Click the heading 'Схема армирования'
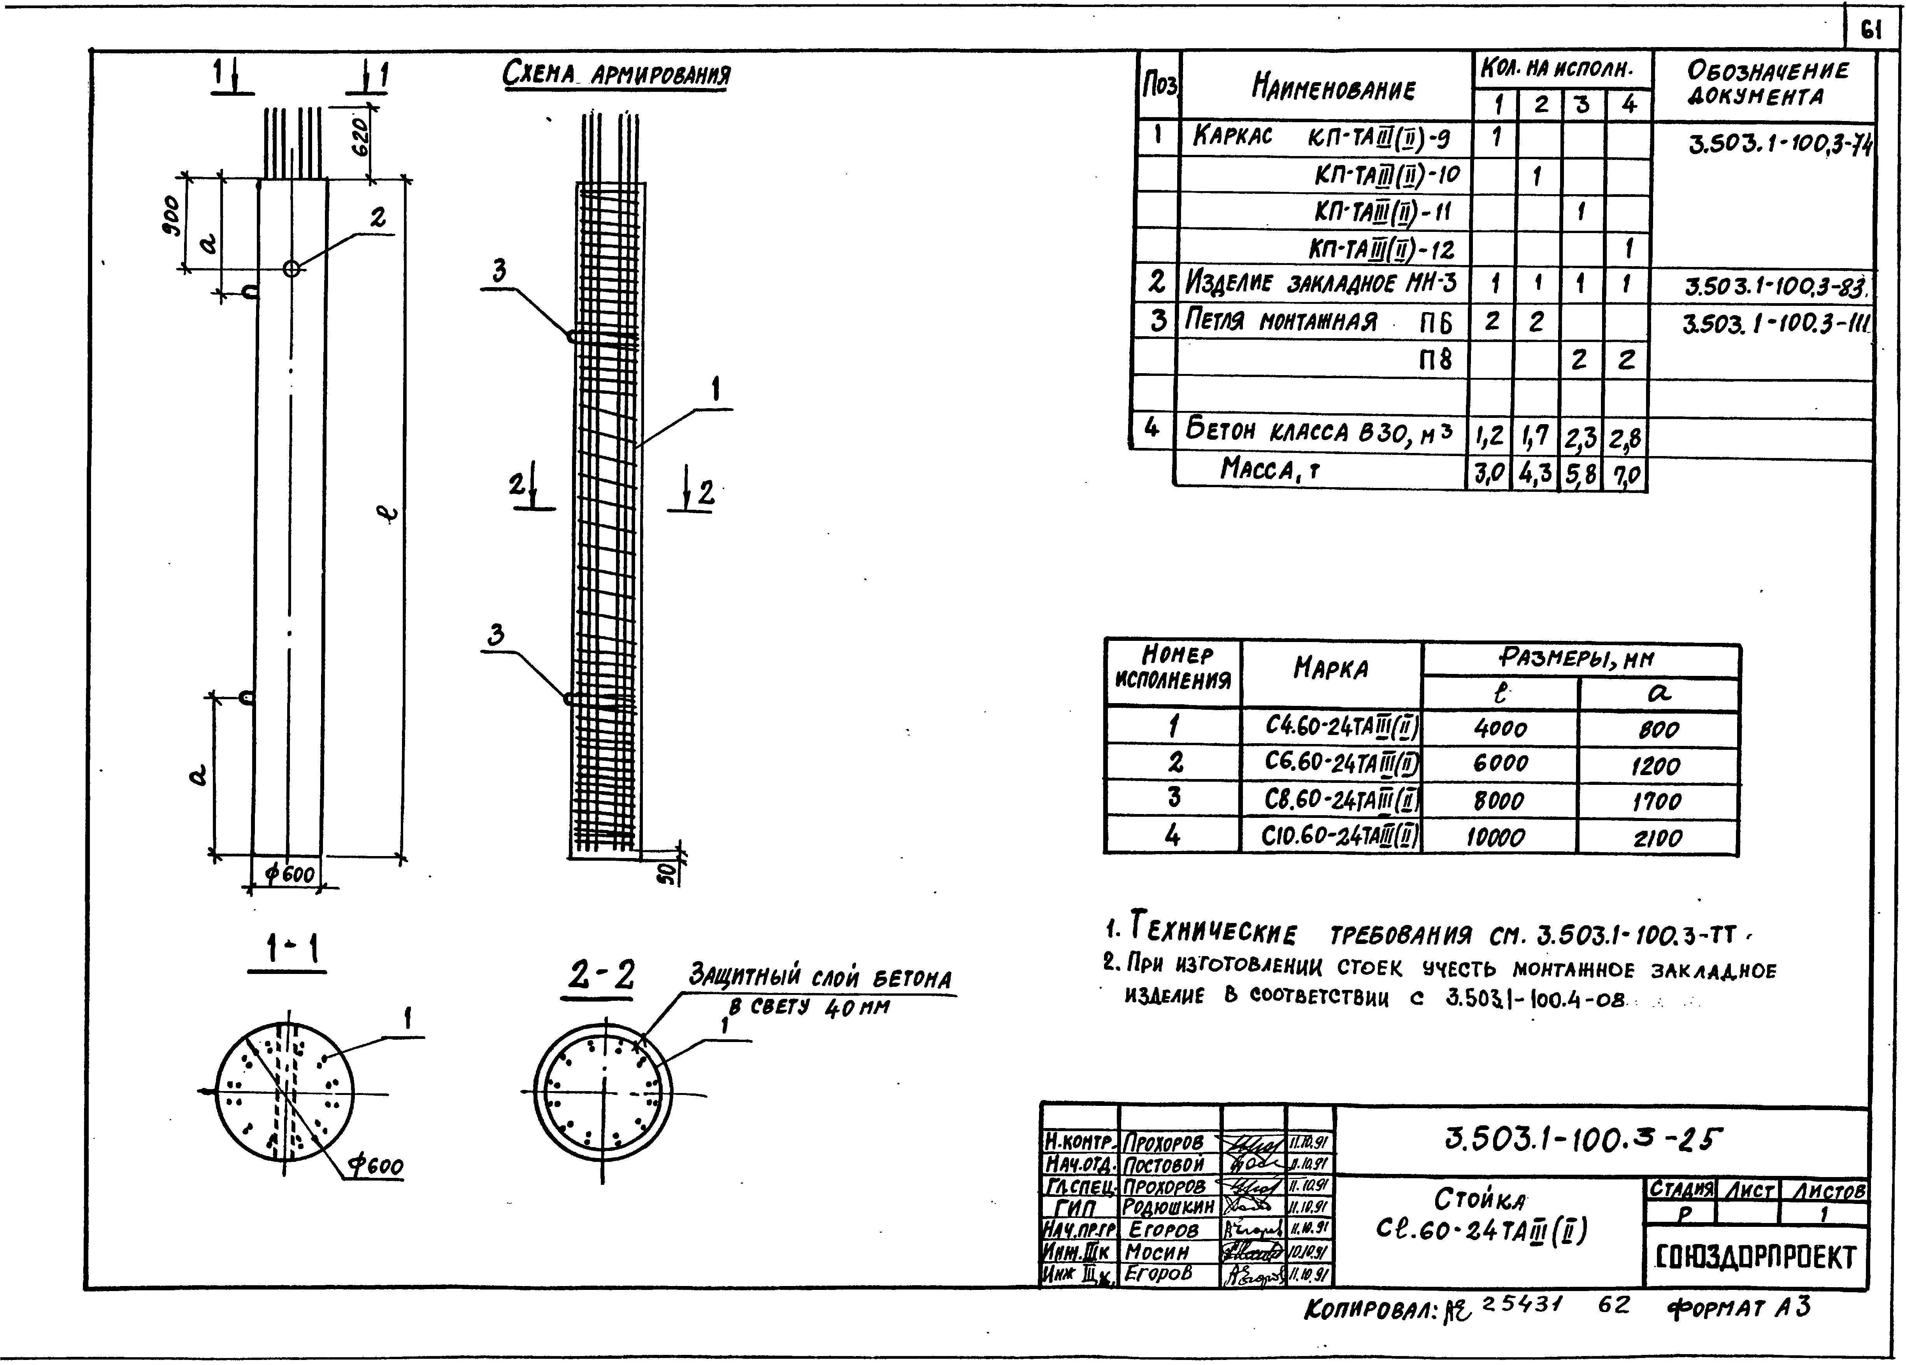pyautogui.click(x=616, y=75)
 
